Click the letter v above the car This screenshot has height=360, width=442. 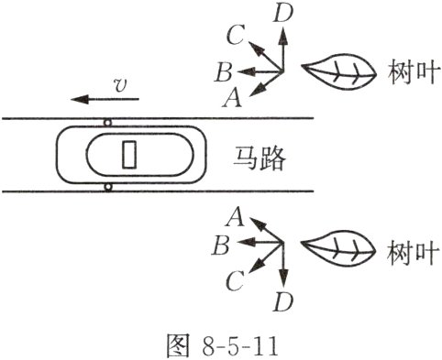pos(118,84)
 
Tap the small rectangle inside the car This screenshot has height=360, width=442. pos(129,155)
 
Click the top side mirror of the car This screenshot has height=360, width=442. pos(108,122)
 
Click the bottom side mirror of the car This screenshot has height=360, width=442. pos(108,188)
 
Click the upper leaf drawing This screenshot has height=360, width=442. pos(336,71)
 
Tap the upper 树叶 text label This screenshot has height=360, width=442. pos(406,71)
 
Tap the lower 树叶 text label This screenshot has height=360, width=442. pos(406,249)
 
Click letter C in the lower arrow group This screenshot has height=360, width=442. pos(235,280)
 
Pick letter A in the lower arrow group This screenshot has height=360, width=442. pos(235,217)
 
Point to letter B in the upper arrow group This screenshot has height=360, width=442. pos(221,71)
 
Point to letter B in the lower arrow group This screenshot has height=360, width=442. pos(220,245)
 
